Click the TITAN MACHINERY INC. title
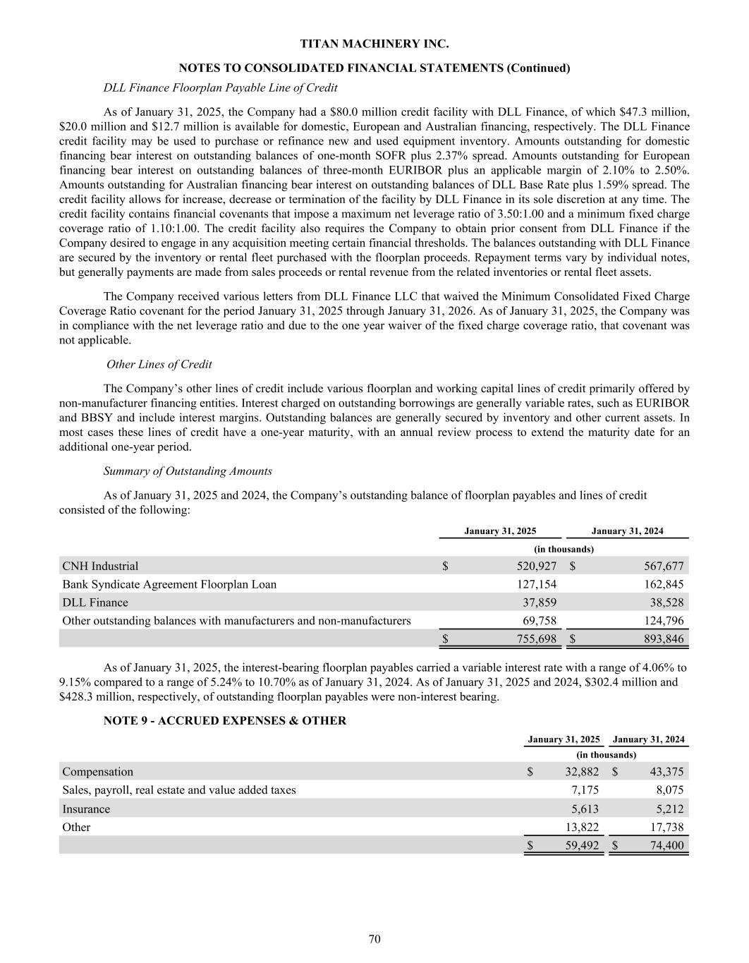pyautogui.click(x=374, y=44)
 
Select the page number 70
pyautogui.click(x=374, y=938)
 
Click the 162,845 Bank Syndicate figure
pyautogui.click(x=661, y=584)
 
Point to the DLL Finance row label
pyautogui.click(x=95, y=602)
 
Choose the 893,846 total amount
pyautogui.click(x=661, y=639)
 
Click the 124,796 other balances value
pyautogui.click(x=661, y=621)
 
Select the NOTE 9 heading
pyautogui.click(x=225, y=720)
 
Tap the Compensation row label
pyautogui.click(x=97, y=772)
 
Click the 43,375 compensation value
pyautogui.click(x=666, y=772)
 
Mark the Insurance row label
pyautogui.click(x=86, y=809)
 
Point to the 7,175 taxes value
pyautogui.click(x=585, y=790)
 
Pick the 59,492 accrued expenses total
pyautogui.click(x=582, y=845)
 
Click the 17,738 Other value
pyautogui.click(x=666, y=828)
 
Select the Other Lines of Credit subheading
pyautogui.click(x=159, y=364)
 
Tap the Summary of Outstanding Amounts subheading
pyautogui.click(x=188, y=471)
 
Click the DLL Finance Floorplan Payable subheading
pyautogui.click(x=220, y=87)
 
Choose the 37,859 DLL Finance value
pyautogui.click(x=539, y=602)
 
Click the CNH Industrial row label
pyautogui.click(x=100, y=566)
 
